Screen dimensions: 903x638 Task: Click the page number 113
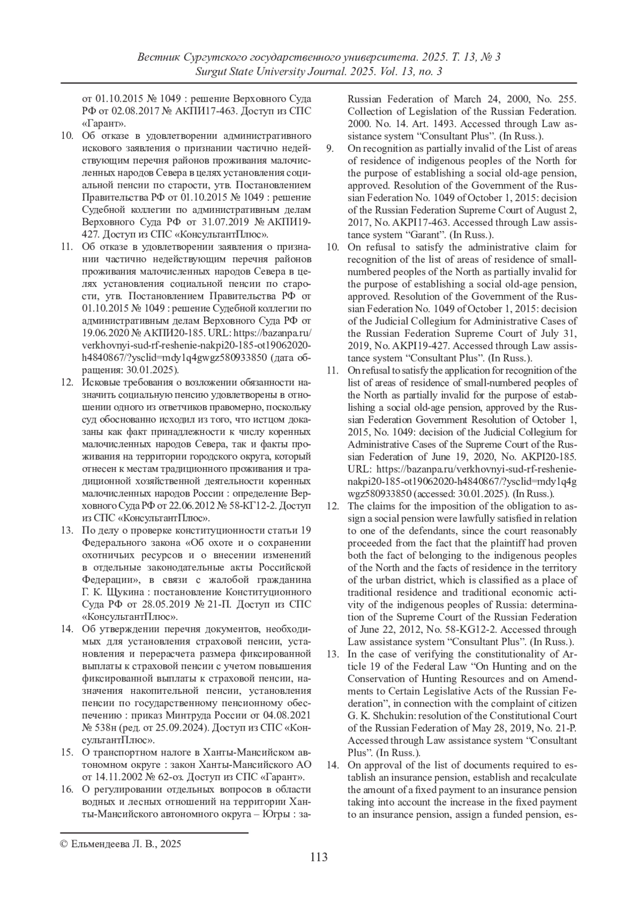coord(318,857)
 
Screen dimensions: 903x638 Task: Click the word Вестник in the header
coord(158,56)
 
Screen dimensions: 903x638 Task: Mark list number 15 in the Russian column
coord(67,752)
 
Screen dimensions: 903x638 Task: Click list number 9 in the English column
coord(330,148)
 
